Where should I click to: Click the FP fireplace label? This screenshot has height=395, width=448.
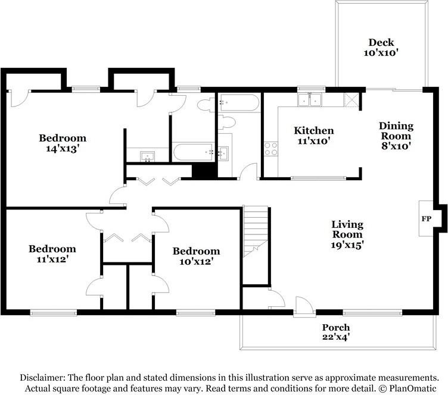[x=427, y=219]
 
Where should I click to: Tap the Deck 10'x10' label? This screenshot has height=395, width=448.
[x=381, y=48]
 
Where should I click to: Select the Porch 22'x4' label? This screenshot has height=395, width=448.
[x=336, y=332]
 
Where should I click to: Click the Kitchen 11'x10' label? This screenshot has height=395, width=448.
[x=314, y=136]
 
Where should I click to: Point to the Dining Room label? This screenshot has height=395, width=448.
[x=396, y=131]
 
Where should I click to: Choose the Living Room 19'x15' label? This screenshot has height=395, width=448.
[x=347, y=234]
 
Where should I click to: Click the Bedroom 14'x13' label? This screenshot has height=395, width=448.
[x=63, y=143]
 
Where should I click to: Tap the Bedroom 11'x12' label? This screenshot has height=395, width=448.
[x=52, y=254]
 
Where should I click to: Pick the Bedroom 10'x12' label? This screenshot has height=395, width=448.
[x=196, y=256]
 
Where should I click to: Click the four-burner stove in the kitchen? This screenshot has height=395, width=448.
[x=271, y=149]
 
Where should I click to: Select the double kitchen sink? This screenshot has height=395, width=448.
[x=310, y=99]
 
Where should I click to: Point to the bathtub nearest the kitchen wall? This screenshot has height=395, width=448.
[x=239, y=103]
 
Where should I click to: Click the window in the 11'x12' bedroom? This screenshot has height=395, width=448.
[x=54, y=313]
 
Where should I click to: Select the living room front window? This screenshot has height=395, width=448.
[x=372, y=313]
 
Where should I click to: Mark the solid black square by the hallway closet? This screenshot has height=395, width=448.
[x=203, y=171]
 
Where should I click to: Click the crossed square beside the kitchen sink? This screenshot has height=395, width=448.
[x=351, y=100]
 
